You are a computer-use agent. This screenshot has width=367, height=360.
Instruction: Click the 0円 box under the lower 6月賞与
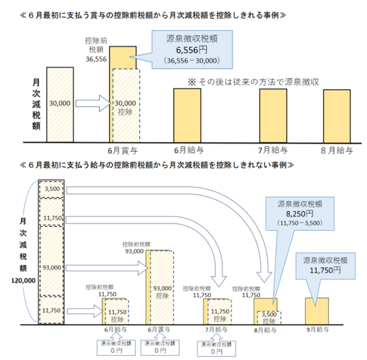160,347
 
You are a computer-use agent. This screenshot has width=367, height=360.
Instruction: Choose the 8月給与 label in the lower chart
266,329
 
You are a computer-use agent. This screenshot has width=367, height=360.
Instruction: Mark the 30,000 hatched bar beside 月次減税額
60,102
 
